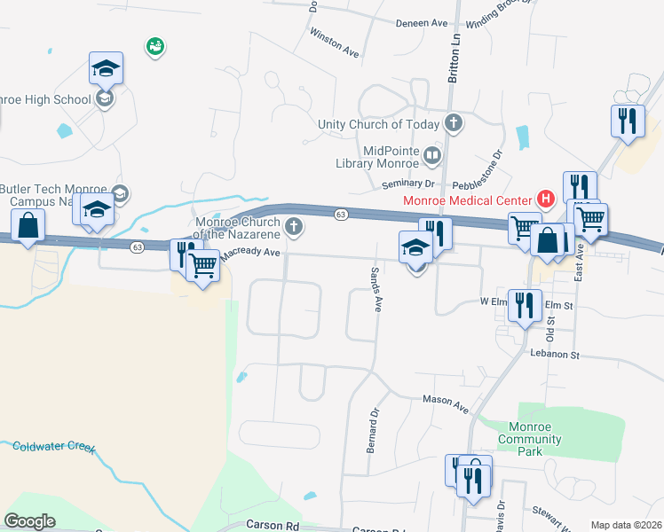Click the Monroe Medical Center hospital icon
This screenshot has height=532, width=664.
[x=546, y=200]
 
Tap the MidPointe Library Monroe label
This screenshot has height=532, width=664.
[x=377, y=157]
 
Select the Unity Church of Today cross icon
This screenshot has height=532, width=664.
[x=455, y=123]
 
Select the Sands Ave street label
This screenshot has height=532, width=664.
[x=376, y=289]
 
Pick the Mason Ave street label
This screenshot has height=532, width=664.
[x=445, y=404]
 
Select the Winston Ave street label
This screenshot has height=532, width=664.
[x=334, y=42]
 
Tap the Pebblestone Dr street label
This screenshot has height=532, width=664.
[x=478, y=169]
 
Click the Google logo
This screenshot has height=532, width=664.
[x=29, y=521]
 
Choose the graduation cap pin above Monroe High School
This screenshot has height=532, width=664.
[x=106, y=68]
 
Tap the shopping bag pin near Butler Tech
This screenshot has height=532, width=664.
[x=28, y=227]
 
